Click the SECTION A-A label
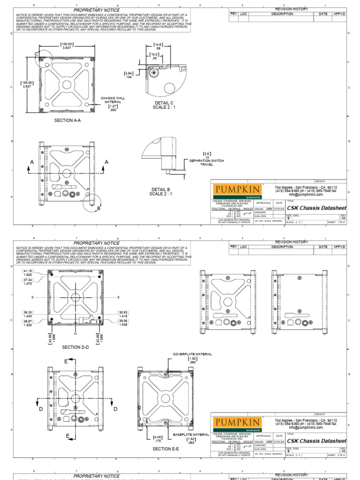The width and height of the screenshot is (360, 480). pyautogui.click(x=67, y=120)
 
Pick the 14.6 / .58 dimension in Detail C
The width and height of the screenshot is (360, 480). pyautogui.click(x=157, y=46)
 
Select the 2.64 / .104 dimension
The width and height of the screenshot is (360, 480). pyautogui.click(x=128, y=75)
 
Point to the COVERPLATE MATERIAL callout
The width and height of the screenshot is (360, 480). pyautogui.click(x=192, y=356)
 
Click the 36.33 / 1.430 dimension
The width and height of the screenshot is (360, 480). pyautogui.click(x=27, y=314)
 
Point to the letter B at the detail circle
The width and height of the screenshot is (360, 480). pyautogui.click(x=99, y=208)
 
